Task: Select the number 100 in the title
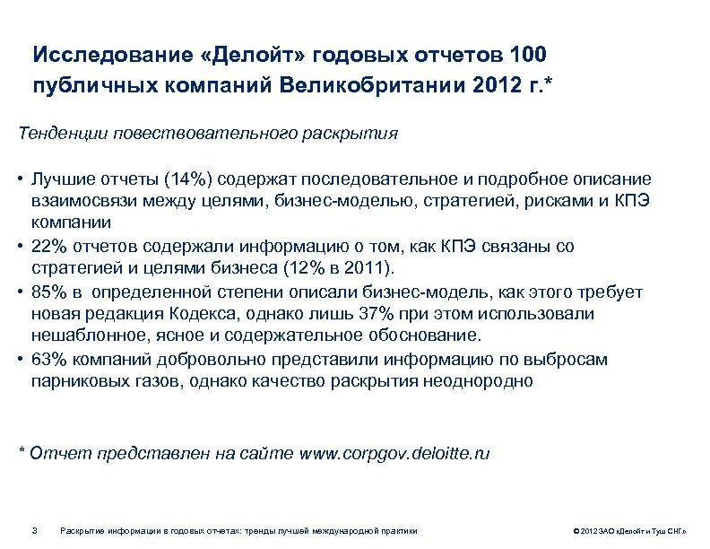click(525, 55)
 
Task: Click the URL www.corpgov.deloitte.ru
click(394, 453)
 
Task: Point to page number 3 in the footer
click(33, 530)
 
